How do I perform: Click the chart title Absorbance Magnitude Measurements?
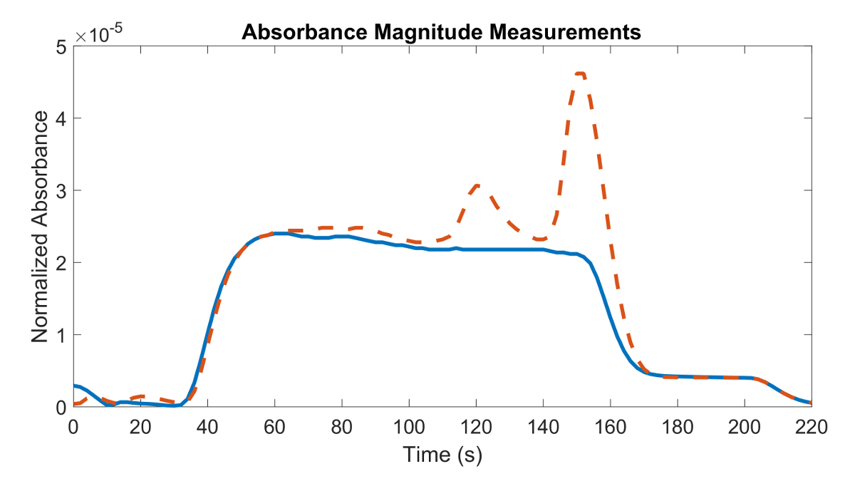click(x=442, y=32)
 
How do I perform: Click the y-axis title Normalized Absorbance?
click(x=41, y=226)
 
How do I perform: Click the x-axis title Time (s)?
click(x=442, y=455)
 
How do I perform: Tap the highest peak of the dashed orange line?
click(x=580, y=73)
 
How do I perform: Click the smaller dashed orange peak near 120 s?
click(x=477, y=185)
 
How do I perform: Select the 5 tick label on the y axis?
click(x=61, y=47)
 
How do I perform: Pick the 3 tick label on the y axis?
click(x=61, y=191)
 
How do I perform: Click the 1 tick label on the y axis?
click(x=61, y=335)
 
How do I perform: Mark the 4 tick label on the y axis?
click(x=61, y=119)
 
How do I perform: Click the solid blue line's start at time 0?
click(x=74, y=386)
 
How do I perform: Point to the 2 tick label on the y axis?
click(x=61, y=263)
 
